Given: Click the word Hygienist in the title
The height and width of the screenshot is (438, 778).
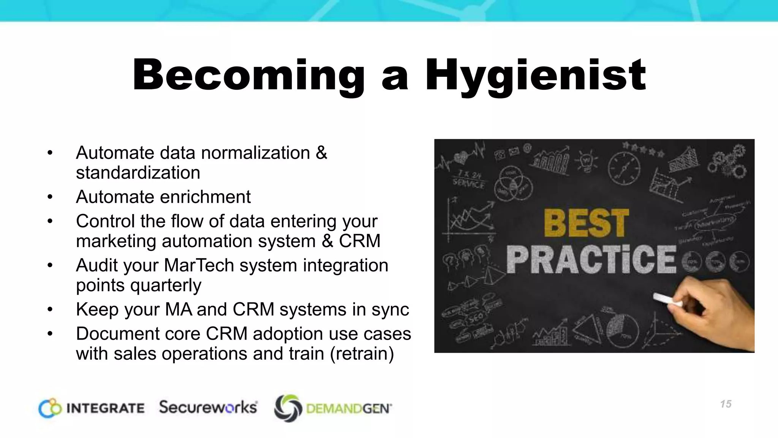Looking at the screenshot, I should [x=536, y=76].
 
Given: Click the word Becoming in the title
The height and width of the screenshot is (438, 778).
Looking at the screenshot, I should [x=249, y=76].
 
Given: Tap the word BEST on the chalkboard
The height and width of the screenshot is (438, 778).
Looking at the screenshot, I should [x=586, y=223].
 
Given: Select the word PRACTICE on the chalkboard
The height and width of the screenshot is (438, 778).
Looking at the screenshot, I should [x=591, y=259].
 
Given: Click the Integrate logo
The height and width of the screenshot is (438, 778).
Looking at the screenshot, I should [x=92, y=408].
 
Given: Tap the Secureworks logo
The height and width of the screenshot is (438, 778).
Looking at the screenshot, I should [x=208, y=407].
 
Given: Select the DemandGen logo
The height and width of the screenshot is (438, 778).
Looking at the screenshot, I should [x=333, y=408].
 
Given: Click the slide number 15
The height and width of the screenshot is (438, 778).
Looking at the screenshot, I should [x=726, y=404].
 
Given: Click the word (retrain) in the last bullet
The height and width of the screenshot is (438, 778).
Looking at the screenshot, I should [x=362, y=354].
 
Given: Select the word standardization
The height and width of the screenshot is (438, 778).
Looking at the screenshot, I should [x=138, y=173].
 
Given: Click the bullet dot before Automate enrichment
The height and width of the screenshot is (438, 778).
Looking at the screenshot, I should [x=50, y=197].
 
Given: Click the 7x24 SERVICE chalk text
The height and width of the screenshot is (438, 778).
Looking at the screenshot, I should [x=469, y=180].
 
